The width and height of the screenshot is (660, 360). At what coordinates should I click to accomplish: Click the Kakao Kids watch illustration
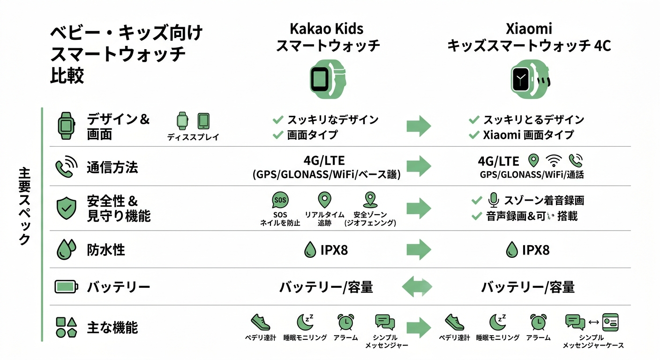tap(327, 79)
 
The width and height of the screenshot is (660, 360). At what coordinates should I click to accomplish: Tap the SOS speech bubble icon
tap(280, 200)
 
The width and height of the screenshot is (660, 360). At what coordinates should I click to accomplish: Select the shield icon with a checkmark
tap(66, 209)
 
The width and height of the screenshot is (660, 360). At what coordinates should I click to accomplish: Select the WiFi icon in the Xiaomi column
tap(555, 161)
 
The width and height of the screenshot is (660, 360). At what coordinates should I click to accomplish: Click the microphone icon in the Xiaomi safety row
tap(493, 201)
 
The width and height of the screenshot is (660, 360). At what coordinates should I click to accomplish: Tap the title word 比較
tap(67, 76)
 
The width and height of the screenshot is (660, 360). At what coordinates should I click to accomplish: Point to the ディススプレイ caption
tap(193, 137)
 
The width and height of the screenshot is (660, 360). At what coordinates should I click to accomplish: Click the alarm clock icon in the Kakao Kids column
tap(345, 322)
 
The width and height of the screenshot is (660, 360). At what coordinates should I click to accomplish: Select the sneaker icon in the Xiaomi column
tap(454, 322)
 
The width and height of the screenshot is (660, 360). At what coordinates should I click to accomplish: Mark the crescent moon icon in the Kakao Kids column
tap(305, 322)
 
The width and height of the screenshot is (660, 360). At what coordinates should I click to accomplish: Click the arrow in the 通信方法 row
tap(418, 165)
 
